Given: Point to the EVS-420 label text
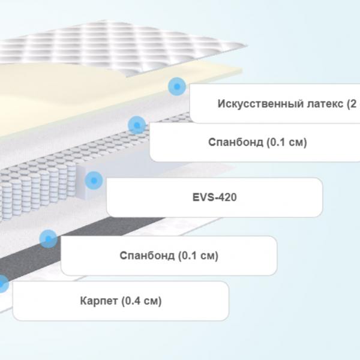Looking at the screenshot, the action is click(214, 197).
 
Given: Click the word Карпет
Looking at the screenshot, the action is click(99, 301).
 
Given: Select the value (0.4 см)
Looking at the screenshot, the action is click(142, 301).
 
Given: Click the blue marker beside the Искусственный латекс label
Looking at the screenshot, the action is click(177, 86).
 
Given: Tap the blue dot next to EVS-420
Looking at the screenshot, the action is click(94, 181).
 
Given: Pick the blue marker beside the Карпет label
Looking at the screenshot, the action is click(3, 284).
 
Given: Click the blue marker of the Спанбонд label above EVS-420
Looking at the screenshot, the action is click(137, 125).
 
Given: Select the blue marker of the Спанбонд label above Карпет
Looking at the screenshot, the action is click(48, 239).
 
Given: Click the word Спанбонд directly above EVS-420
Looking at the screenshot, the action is click(236, 142).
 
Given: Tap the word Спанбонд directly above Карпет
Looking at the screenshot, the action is click(147, 256).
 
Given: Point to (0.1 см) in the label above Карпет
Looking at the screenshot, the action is click(198, 256).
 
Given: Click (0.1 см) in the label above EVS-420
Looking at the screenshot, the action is click(287, 142).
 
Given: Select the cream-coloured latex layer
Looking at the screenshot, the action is click(69, 97).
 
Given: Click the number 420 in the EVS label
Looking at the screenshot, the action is click(227, 197).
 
